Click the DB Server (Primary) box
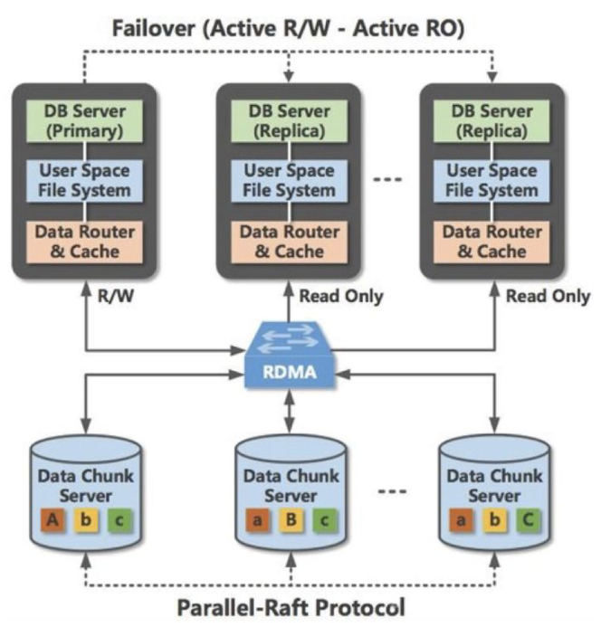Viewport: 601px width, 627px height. [84, 121]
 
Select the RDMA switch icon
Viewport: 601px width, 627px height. [290, 355]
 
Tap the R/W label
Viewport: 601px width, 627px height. [116, 296]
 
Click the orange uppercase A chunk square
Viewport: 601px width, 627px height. [52, 520]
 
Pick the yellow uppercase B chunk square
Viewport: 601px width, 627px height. [291, 520]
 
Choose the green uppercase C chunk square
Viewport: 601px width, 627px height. [529, 520]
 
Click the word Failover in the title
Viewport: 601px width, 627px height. [154, 28]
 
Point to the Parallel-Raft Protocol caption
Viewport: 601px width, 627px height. [291, 608]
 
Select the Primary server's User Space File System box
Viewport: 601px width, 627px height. [84, 181]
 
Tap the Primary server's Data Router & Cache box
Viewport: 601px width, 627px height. [84, 242]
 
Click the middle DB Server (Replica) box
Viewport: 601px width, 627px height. [289, 121]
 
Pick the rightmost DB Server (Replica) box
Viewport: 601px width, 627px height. [491, 121]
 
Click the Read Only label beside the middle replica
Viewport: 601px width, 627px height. [341, 296]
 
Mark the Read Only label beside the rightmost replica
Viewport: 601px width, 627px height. [549, 296]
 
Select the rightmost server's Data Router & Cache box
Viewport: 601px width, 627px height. [491, 242]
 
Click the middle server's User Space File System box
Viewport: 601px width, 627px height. [289, 181]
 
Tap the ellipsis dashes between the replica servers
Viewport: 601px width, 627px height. [387, 179]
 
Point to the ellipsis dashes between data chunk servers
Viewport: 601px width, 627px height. [392, 491]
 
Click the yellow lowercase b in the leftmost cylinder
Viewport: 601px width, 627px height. [86, 520]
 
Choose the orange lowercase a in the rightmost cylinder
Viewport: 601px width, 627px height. [461, 520]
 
